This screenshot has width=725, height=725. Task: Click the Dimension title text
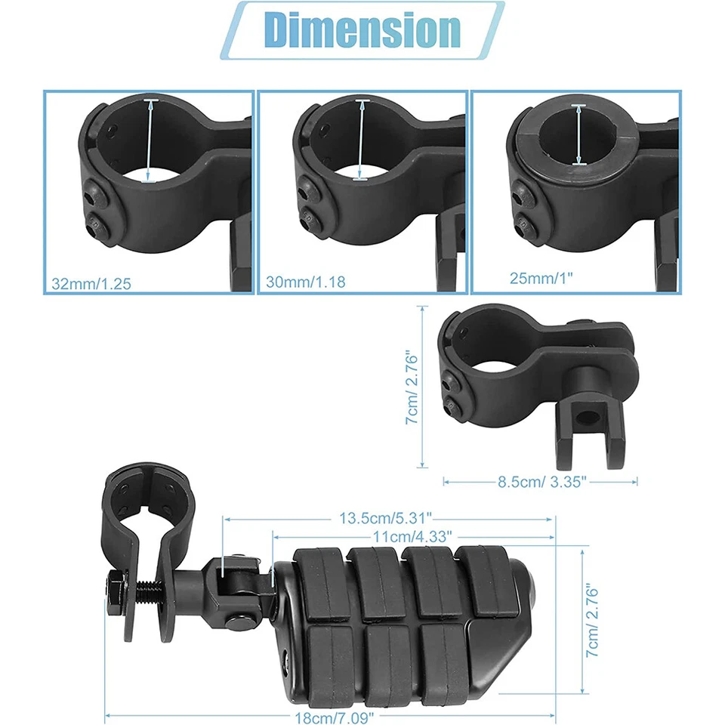362,30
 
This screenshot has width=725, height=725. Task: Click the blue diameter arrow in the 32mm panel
150,140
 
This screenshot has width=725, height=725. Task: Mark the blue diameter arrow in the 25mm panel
578,134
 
